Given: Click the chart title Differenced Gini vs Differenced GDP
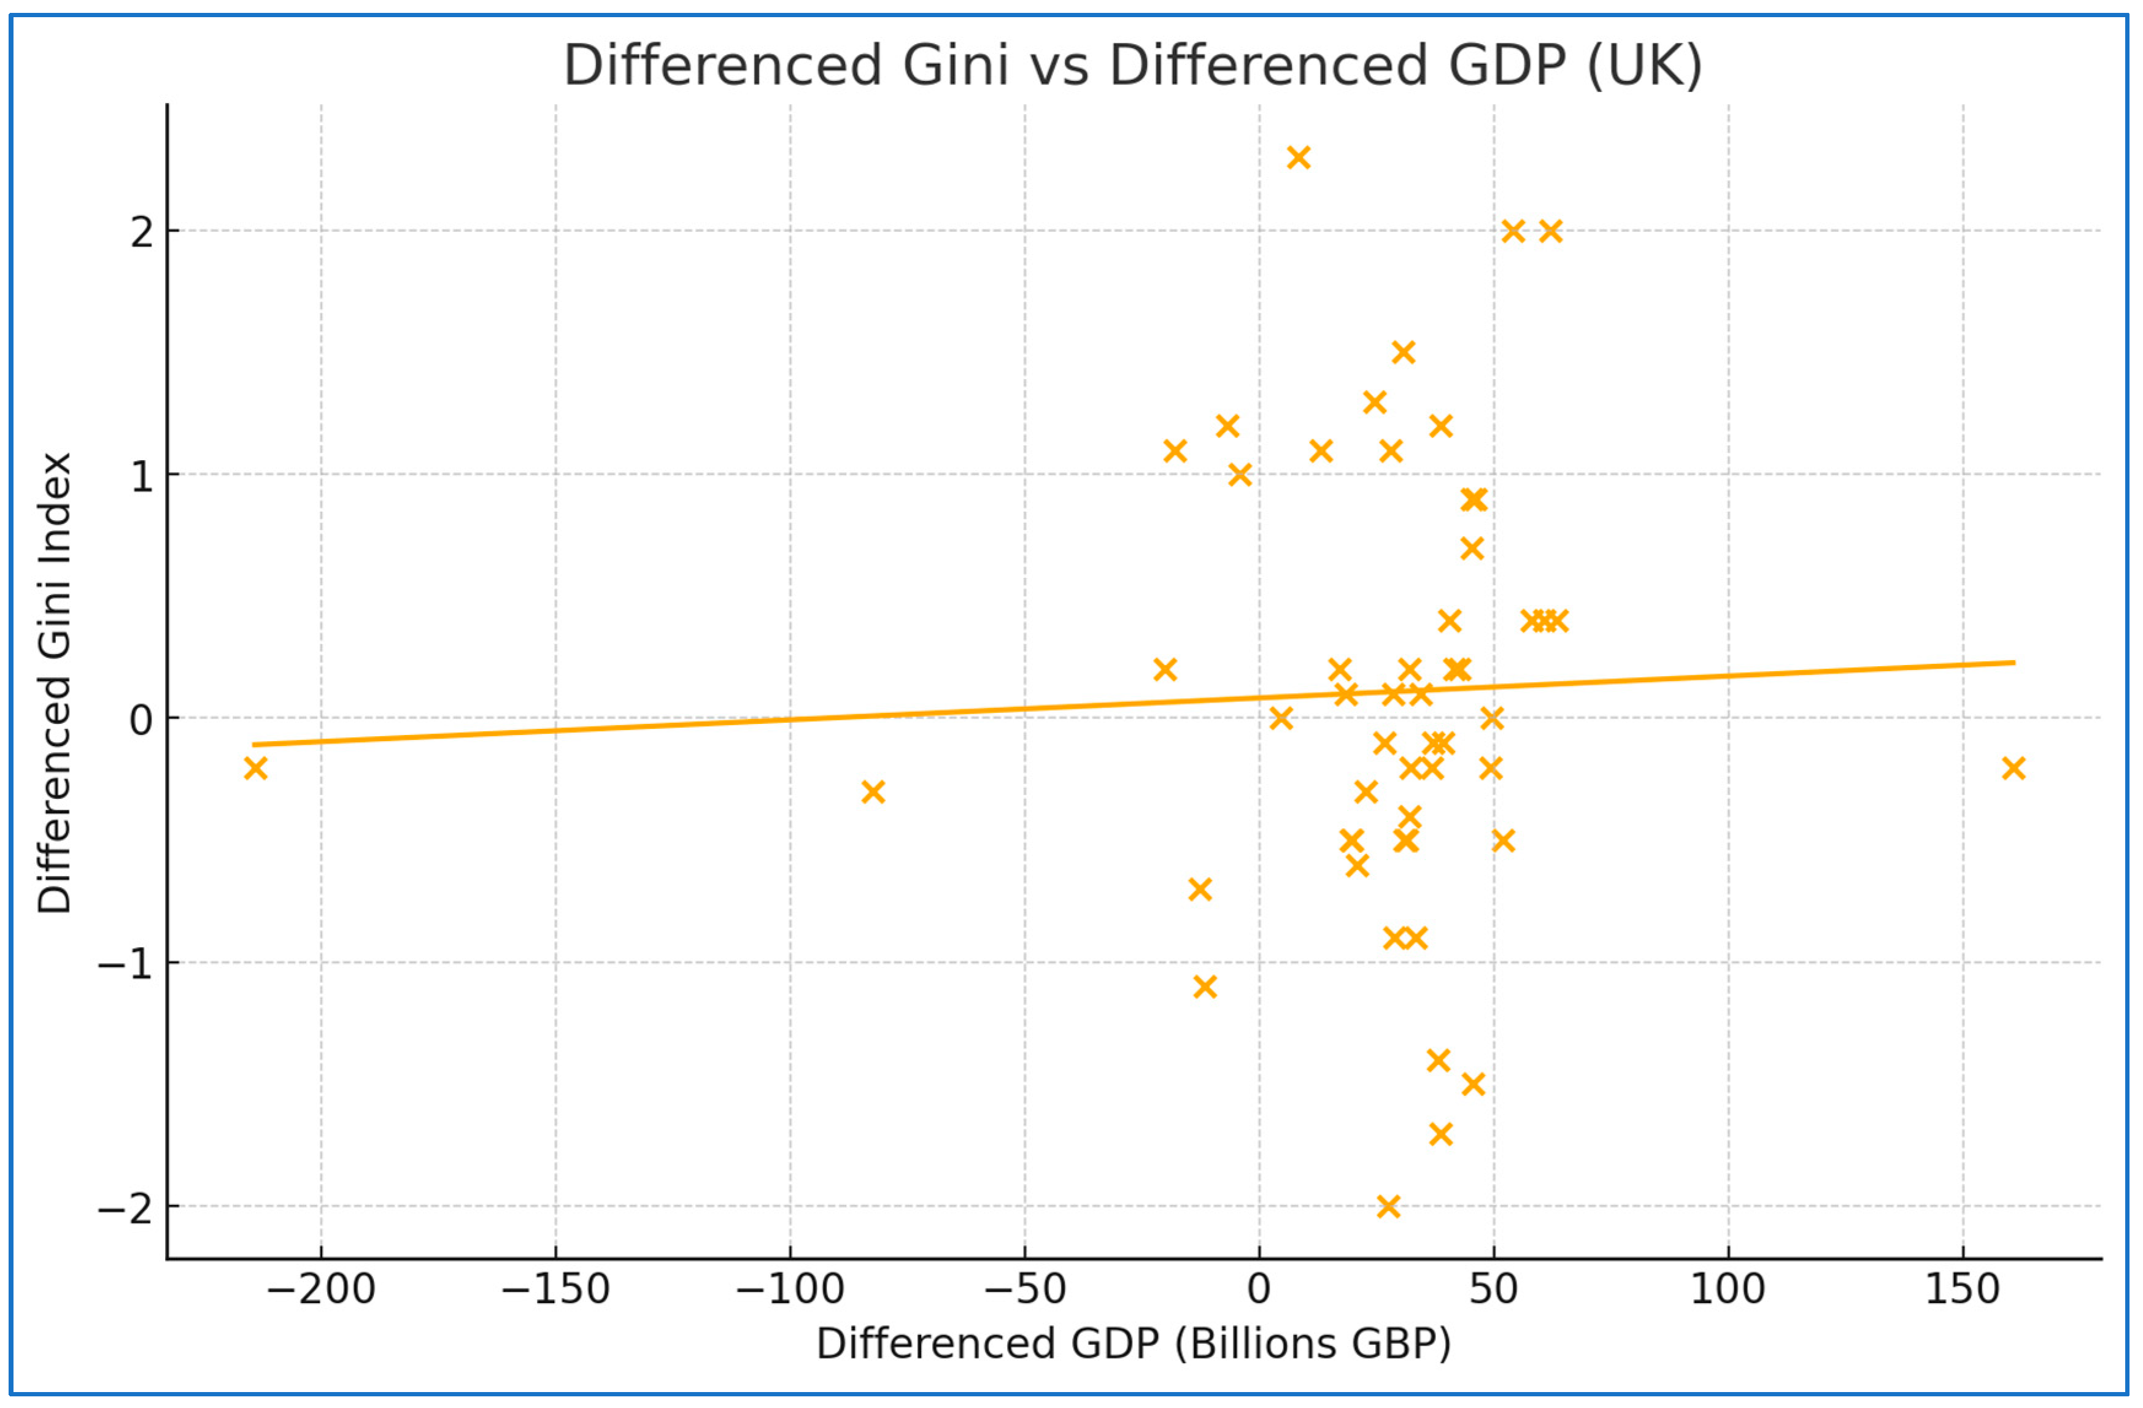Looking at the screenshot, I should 1133,65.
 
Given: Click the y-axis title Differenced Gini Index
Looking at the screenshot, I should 54,684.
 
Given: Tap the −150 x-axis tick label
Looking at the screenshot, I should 555,1289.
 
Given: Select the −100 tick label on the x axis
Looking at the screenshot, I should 790,1289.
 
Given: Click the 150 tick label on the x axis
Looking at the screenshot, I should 1963,1289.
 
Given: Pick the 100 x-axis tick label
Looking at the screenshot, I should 1728,1289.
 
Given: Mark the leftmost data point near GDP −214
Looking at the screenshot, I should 256,768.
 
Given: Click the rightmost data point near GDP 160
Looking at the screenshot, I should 2014,768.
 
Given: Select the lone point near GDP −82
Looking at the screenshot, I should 873,792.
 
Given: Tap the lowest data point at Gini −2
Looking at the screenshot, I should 1388,1206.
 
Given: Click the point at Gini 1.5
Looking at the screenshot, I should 1403,352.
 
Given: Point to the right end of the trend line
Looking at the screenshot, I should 2014,663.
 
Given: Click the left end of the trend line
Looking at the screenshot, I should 255,745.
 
